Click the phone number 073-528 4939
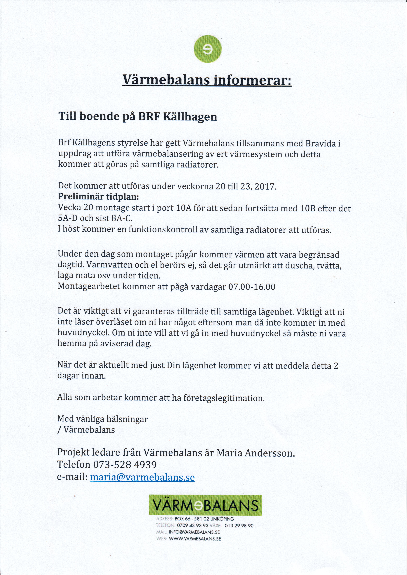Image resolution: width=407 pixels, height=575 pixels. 125,465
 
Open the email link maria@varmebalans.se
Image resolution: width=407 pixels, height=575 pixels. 142,477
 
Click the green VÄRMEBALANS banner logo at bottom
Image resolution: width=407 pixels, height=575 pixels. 205,505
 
